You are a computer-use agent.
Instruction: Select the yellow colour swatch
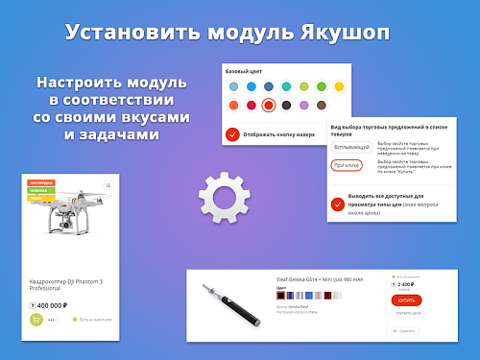[340, 86]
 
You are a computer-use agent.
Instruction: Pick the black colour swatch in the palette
[286, 105]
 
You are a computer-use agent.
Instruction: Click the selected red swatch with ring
[269, 105]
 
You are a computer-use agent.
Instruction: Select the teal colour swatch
[286, 86]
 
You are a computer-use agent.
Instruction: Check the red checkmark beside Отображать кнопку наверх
[232, 133]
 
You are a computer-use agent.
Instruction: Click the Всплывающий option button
[351, 147]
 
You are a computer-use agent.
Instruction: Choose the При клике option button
[347, 165]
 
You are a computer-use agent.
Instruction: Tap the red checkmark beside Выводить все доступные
[338, 199]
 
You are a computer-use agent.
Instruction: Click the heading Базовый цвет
[243, 72]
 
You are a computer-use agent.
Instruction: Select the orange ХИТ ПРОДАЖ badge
[40, 182]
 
